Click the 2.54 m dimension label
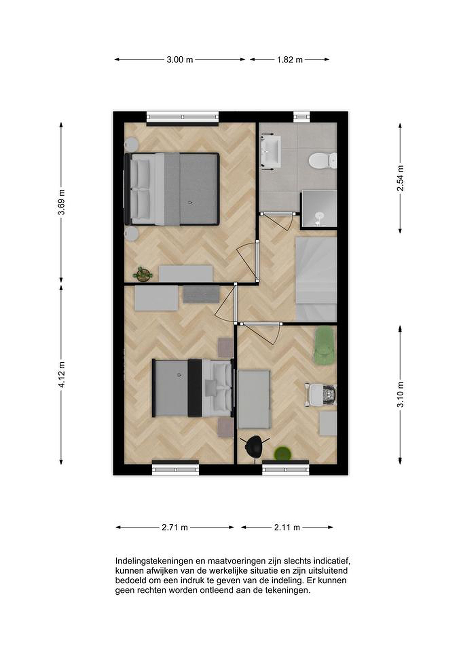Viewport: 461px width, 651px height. [x=400, y=178]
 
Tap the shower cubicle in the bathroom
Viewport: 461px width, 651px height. [x=319, y=209]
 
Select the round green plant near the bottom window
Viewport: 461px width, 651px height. [x=283, y=454]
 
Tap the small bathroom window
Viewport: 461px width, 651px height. [x=301, y=117]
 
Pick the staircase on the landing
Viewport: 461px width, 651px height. [x=316, y=279]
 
